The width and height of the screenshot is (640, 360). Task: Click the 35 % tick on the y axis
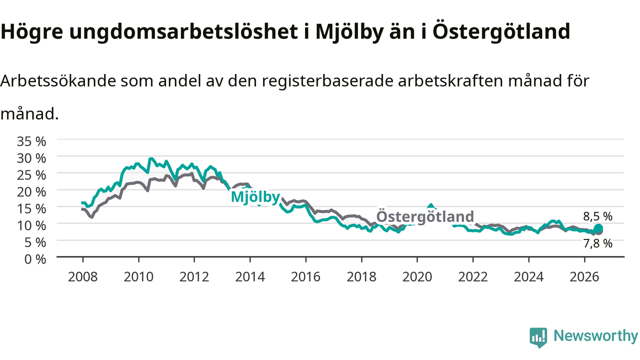click(x=31, y=141)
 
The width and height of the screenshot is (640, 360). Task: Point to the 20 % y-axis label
click(x=31, y=192)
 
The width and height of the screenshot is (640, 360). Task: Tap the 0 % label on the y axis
click(x=35, y=259)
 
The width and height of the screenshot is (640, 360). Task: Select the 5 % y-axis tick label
click(x=35, y=242)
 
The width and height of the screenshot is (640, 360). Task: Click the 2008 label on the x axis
click(x=83, y=277)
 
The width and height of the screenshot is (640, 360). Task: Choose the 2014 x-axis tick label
click(x=250, y=277)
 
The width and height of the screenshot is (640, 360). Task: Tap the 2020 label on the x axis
click(x=417, y=277)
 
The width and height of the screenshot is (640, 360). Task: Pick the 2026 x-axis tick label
click(x=584, y=277)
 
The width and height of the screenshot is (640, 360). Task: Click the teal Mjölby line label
click(x=255, y=197)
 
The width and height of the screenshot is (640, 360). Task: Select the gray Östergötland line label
click(x=425, y=216)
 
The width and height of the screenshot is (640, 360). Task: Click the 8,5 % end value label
click(x=597, y=216)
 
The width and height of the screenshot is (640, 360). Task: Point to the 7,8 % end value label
click(x=597, y=243)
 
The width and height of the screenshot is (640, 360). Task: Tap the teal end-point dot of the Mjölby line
click(x=598, y=228)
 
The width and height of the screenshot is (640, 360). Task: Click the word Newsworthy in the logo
click(x=595, y=335)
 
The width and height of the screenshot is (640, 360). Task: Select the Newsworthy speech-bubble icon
click(x=538, y=337)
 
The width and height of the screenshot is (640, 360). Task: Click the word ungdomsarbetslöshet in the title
click(x=183, y=31)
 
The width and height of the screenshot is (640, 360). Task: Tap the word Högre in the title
click(x=31, y=32)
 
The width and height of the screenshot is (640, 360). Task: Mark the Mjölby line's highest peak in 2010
click(x=151, y=158)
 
